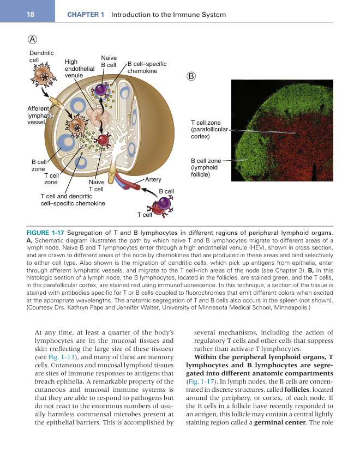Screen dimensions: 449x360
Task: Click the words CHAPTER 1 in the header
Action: [86, 15]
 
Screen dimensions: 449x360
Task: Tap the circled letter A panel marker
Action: [33, 39]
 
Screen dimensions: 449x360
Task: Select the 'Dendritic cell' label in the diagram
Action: [41, 56]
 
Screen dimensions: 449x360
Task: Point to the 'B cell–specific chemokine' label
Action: [147, 68]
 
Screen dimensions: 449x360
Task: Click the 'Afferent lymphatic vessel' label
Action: [40, 115]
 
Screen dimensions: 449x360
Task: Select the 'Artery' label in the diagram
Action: [153, 179]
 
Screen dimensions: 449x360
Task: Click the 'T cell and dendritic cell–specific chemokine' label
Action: [73, 199]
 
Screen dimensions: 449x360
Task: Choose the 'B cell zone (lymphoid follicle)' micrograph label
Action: [206, 168]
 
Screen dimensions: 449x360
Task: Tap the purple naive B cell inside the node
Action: [101, 90]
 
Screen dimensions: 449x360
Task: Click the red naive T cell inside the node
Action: [103, 139]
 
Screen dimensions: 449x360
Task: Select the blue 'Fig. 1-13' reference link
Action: [56, 356]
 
